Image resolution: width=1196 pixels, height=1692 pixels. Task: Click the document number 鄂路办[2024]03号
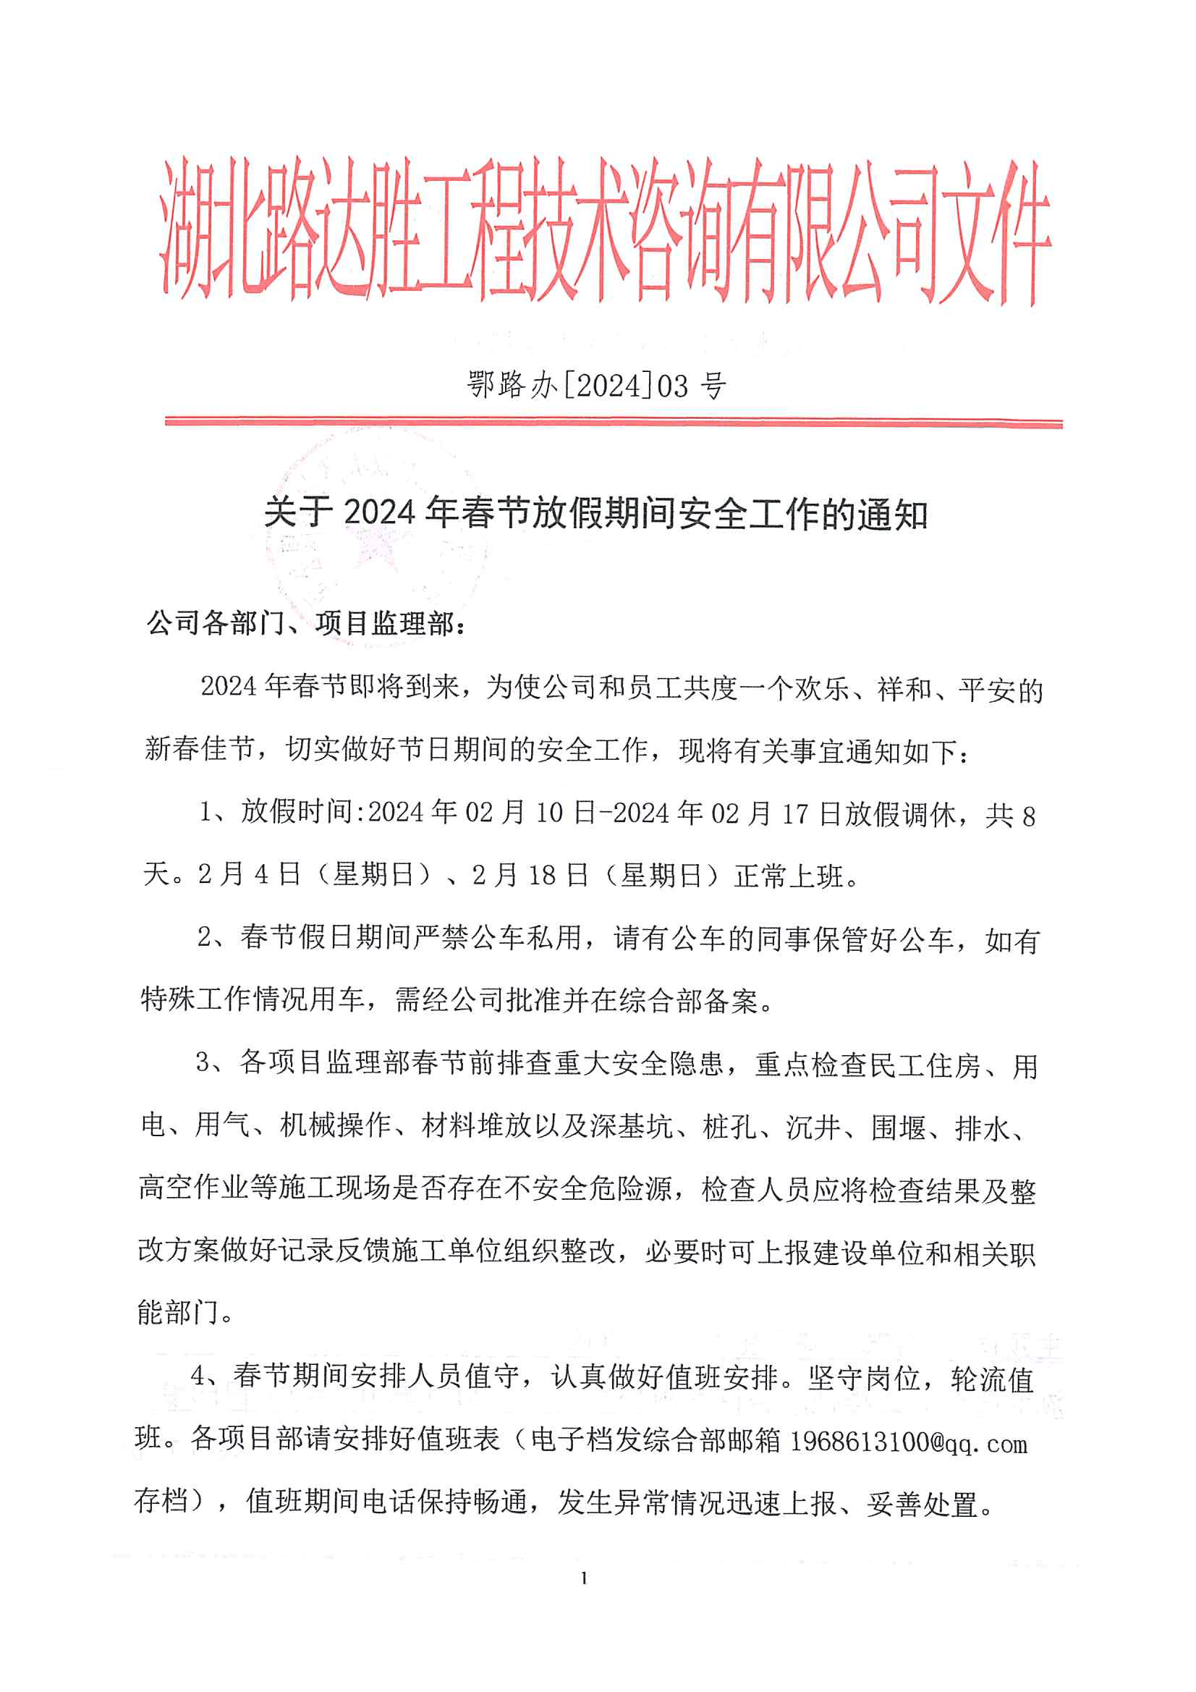tap(597, 385)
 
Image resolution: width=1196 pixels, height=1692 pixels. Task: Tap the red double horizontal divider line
tap(613, 422)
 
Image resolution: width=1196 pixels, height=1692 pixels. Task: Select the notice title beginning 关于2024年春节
tap(595, 514)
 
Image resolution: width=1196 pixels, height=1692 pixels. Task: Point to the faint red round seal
tap(376, 538)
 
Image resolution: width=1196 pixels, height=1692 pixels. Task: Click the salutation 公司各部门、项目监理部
tap(306, 623)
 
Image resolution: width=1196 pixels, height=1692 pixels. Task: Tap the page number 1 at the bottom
tap(584, 1578)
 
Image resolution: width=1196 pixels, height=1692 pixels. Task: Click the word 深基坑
tap(632, 1126)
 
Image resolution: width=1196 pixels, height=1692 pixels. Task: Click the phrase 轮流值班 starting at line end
tap(992, 1379)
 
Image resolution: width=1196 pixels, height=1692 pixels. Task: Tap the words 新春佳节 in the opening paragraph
tap(200, 750)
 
